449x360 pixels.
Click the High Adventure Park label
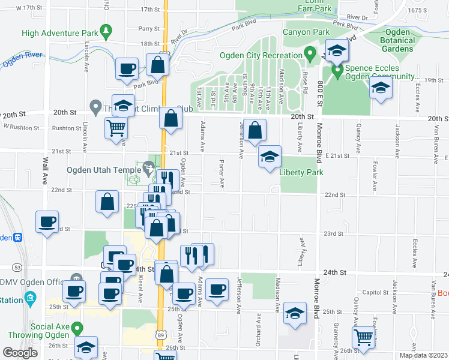[59, 34]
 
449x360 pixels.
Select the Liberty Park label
[301, 172]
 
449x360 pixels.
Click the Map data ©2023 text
[421, 355]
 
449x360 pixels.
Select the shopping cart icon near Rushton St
[116, 127]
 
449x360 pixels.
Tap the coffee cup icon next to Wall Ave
[47, 222]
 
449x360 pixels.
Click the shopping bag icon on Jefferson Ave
[255, 130]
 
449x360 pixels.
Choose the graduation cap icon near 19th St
[381, 89]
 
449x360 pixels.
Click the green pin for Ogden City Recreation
[310, 55]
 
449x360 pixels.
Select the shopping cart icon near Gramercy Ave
[363, 338]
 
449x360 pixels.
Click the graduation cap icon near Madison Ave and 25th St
[295, 313]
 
